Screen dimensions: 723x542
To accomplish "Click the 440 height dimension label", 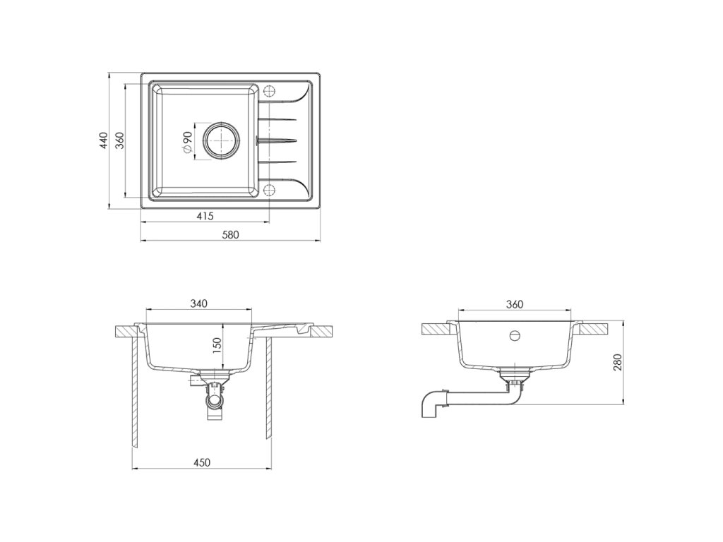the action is [103, 140].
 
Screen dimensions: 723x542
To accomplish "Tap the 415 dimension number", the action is [205, 216].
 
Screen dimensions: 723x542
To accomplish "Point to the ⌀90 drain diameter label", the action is [188, 142].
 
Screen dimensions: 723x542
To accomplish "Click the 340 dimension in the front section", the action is [198, 303].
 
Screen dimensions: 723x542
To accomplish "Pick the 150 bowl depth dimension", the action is [217, 345].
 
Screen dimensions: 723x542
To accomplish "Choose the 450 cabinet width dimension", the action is [202, 463].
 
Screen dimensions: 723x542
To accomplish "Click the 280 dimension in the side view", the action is [617, 362].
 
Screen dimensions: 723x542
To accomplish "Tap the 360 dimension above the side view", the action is [515, 303].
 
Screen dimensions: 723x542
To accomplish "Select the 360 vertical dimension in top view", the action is [120, 140].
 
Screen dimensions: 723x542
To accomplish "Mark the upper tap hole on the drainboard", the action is [268, 91].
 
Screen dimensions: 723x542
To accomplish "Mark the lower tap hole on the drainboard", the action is [268, 190].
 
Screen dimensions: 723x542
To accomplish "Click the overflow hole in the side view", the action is [515, 335].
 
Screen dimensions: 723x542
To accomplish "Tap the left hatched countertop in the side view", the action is [437, 328].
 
